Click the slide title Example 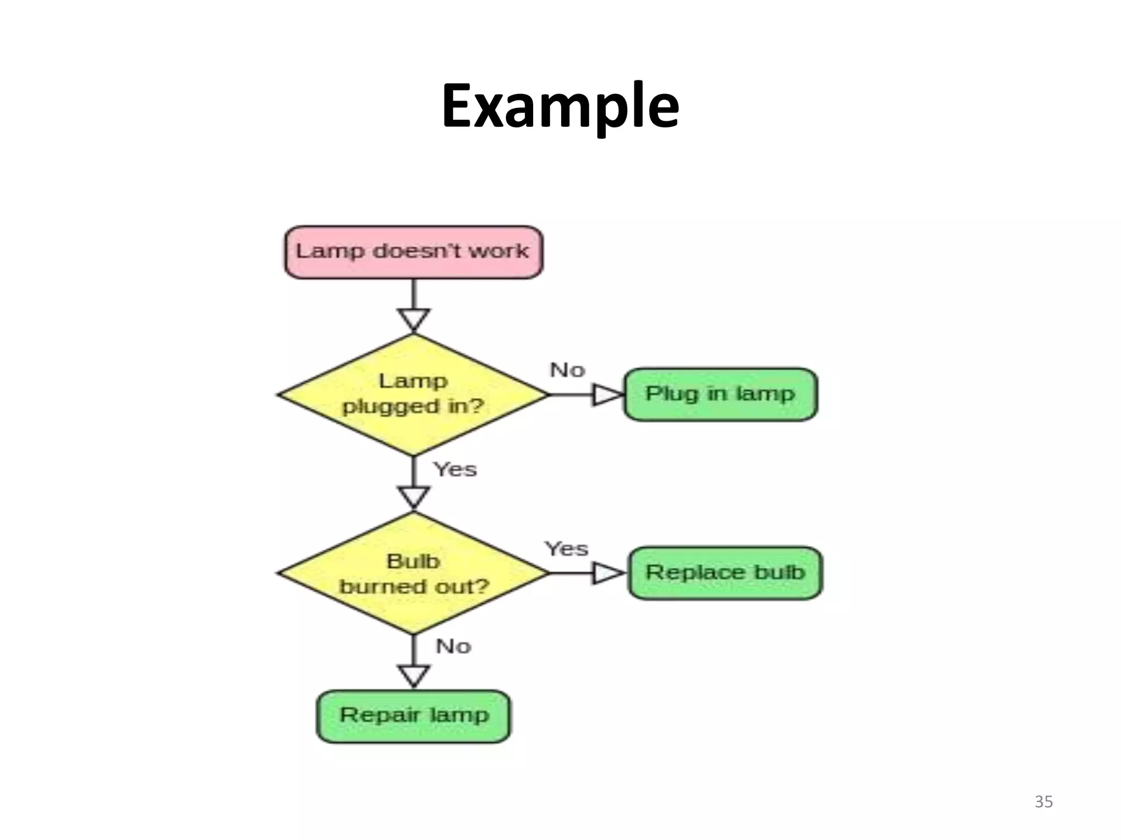click(560, 106)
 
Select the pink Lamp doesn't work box click(414, 252)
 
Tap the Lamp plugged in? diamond click(413, 394)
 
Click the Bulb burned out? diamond click(413, 573)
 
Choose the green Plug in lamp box click(720, 394)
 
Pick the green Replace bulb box click(725, 573)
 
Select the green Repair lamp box click(414, 716)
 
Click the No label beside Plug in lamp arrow click(568, 370)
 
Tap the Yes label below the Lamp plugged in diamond click(455, 469)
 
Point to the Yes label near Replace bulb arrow click(566, 549)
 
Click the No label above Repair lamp click(453, 646)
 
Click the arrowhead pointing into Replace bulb click(608, 573)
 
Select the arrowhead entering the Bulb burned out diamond click(414, 497)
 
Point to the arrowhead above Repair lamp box click(414, 675)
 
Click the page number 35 click(1043, 802)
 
